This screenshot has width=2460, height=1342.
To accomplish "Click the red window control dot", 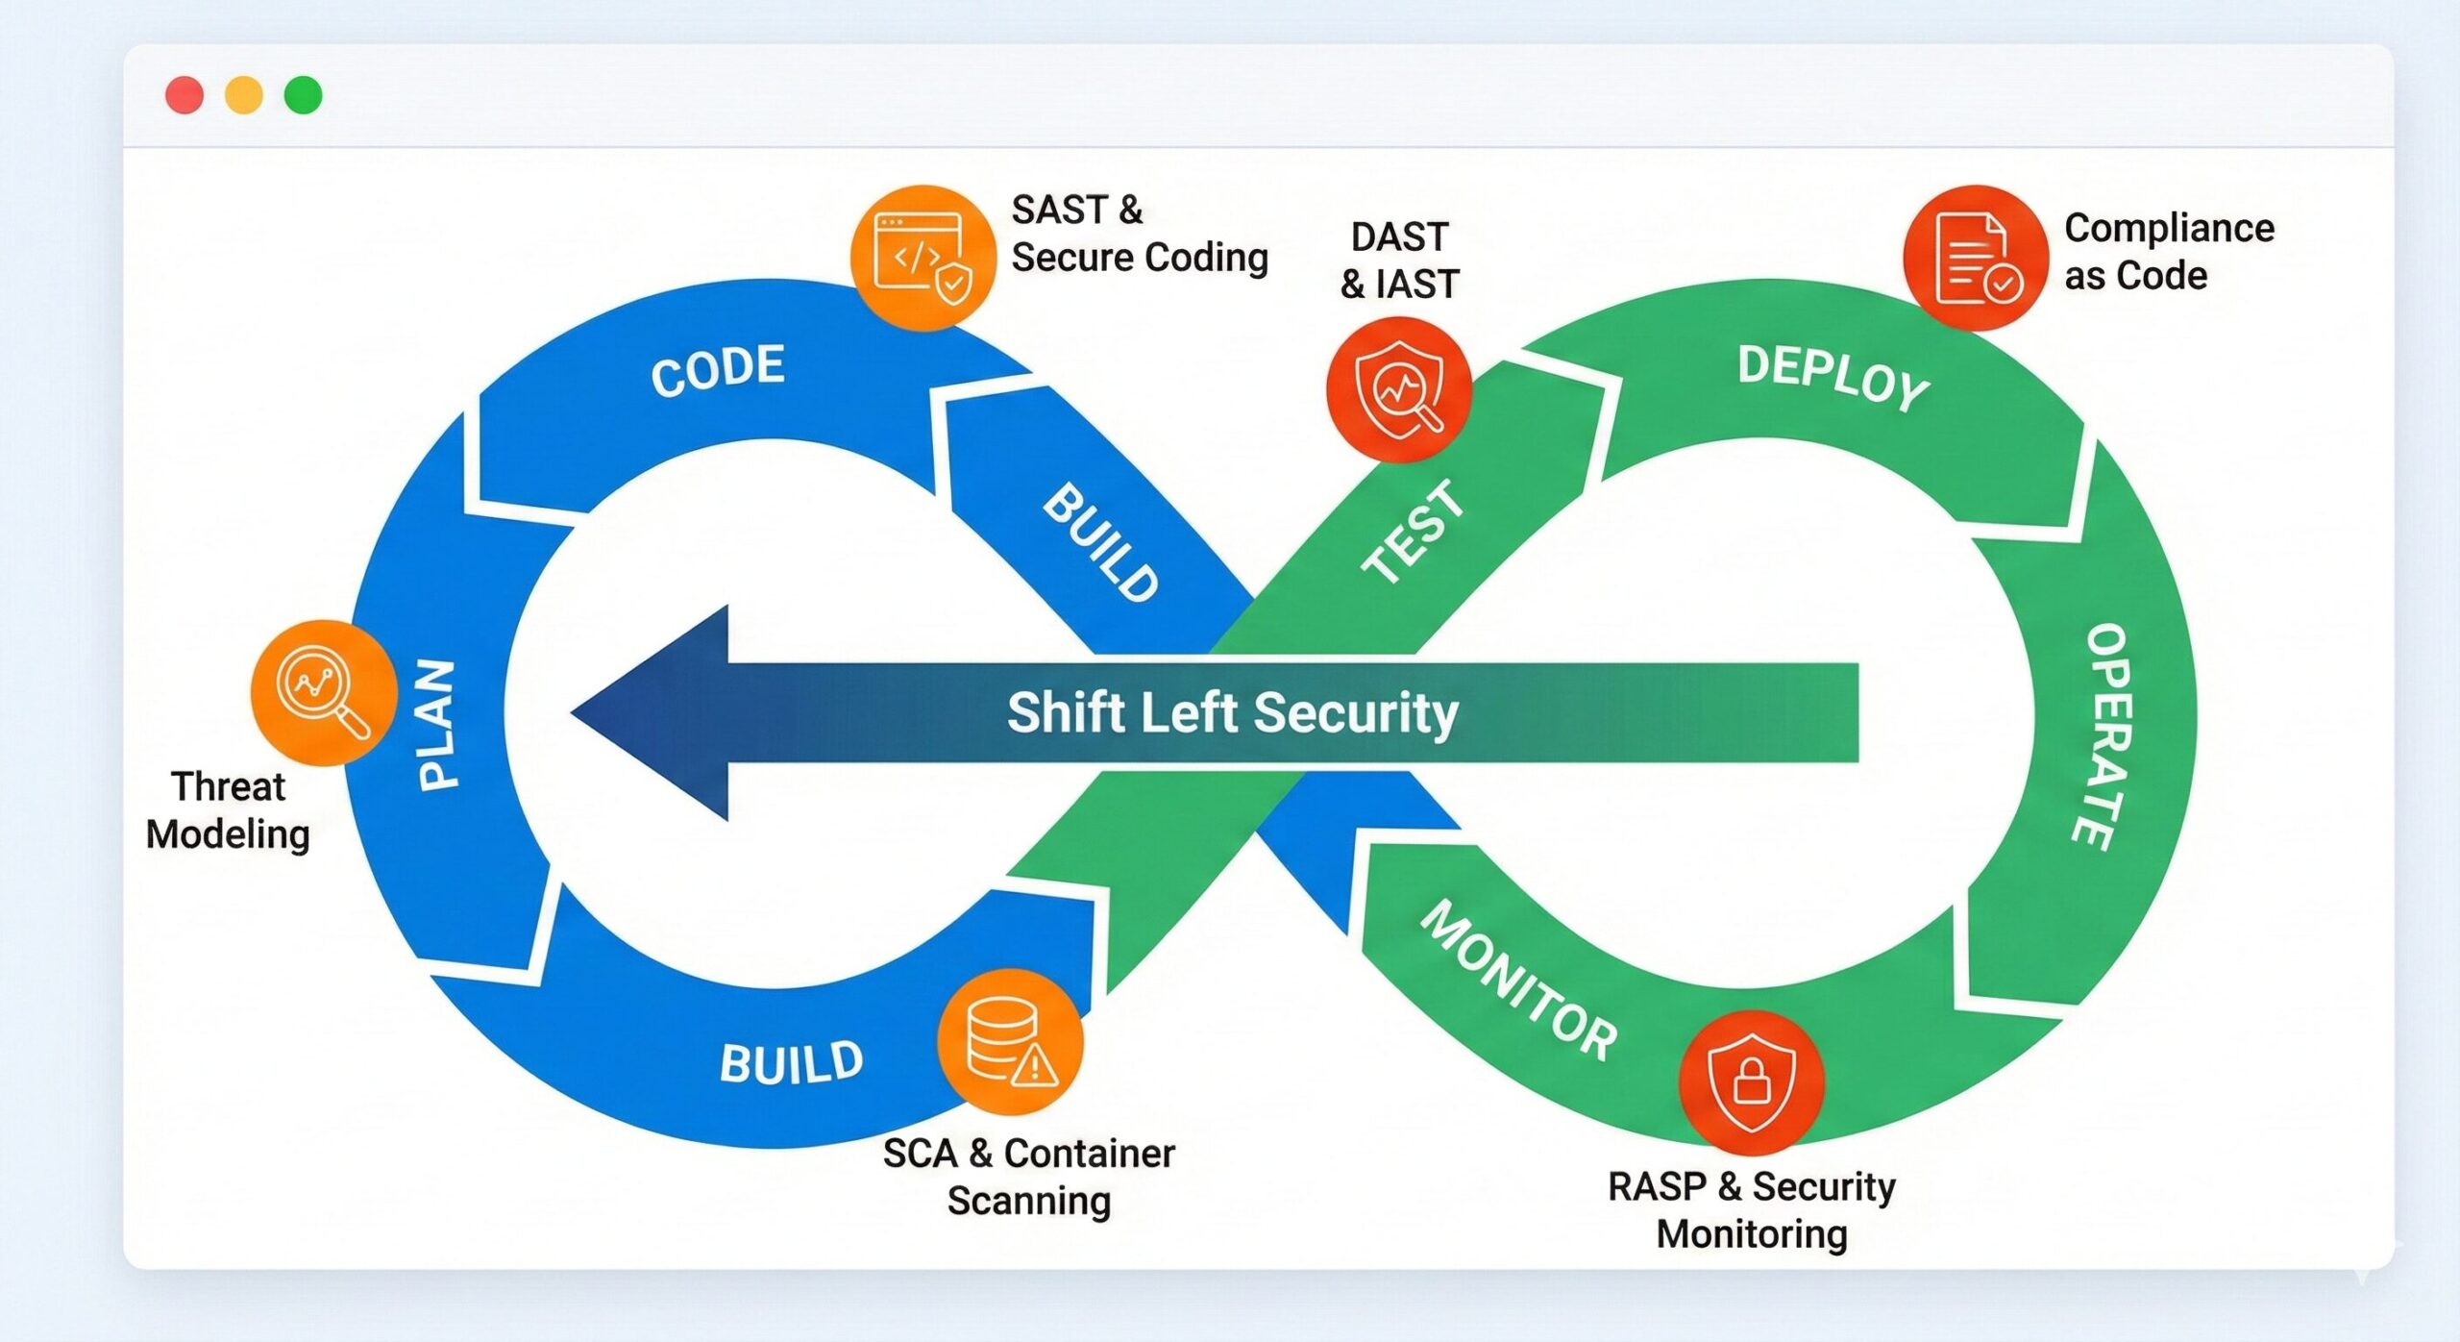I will click(184, 95).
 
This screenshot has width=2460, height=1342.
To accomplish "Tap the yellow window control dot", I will click(243, 95).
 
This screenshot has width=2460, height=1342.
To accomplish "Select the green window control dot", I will click(303, 95).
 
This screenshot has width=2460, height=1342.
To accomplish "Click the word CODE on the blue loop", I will click(718, 369).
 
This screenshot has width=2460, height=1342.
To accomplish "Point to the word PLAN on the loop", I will click(437, 725).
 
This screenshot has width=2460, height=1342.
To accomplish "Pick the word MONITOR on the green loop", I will click(1518, 982).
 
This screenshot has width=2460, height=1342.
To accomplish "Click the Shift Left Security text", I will click(1233, 713).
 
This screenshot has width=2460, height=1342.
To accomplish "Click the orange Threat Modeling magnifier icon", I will click(324, 692).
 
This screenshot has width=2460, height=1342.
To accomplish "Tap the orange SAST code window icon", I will click(922, 258).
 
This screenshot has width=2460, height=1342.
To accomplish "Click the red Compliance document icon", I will click(1976, 258).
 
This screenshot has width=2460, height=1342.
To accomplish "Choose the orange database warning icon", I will click(1010, 1042).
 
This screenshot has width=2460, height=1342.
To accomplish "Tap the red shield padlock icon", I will click(1752, 1083).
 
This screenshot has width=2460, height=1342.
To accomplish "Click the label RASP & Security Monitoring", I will click(1751, 1210).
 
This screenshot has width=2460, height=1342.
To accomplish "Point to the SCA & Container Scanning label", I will click(1029, 1177).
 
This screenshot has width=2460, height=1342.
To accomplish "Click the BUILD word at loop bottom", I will click(791, 1063).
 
